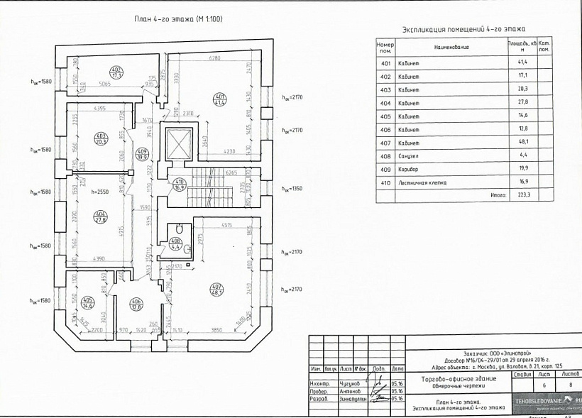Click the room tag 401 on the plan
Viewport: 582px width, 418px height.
220,99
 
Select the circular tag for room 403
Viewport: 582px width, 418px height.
100,139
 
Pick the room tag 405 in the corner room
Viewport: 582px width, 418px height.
88,303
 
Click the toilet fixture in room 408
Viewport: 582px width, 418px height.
180,230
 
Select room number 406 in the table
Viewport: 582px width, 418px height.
385,128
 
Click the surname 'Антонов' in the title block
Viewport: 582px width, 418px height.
351,391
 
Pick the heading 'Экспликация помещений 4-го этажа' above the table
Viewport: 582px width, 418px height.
463,30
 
